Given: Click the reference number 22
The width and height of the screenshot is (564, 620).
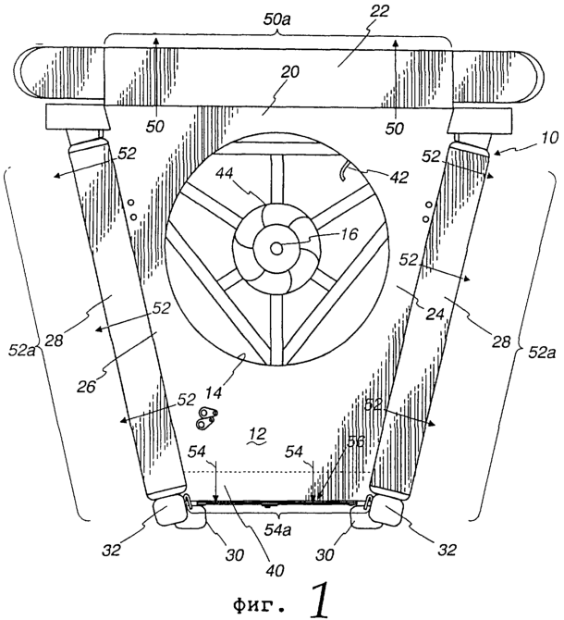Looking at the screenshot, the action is [x=378, y=11].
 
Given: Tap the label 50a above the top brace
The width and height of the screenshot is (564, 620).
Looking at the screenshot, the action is [x=277, y=19].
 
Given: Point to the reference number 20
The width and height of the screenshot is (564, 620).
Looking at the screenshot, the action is [x=291, y=72].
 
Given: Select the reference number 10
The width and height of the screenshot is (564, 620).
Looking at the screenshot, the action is [x=547, y=138].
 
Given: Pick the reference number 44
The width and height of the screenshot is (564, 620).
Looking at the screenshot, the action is [x=226, y=174].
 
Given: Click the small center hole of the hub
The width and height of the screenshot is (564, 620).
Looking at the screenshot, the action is [x=276, y=249].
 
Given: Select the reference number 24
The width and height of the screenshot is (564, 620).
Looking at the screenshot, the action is [x=434, y=314].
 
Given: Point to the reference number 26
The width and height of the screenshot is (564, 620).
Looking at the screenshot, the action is [x=86, y=386].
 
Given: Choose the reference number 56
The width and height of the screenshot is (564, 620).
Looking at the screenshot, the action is [x=354, y=442].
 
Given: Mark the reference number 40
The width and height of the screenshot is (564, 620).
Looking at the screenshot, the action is [x=275, y=570].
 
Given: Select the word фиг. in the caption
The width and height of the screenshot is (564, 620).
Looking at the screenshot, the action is [x=258, y=603].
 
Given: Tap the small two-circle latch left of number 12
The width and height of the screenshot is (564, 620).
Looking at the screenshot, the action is [x=206, y=418].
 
